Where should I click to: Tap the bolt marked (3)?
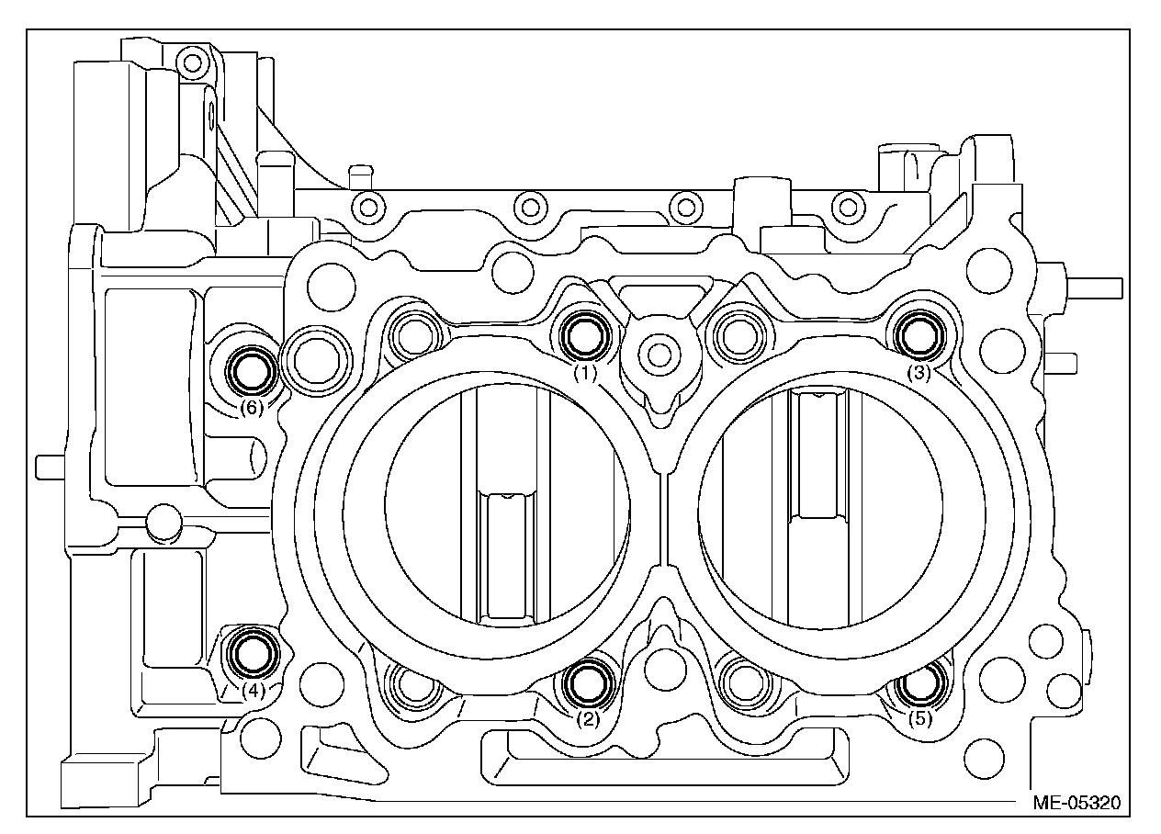[x=919, y=335]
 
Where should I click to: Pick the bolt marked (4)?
[x=253, y=651]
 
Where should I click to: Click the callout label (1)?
[x=585, y=373]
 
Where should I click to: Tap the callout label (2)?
[x=588, y=719]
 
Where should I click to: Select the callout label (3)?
[x=919, y=373]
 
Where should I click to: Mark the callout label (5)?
[x=920, y=719]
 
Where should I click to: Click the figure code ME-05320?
[x=1076, y=801]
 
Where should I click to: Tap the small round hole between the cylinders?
[x=656, y=351]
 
